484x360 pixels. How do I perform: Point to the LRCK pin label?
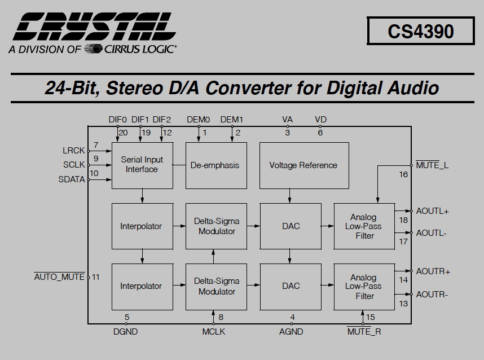coord(73,150)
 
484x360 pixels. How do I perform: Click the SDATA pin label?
coord(71,179)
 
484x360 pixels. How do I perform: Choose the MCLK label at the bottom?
coord(214,332)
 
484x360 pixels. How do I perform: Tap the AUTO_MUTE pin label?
coord(59,276)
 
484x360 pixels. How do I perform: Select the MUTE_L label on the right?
coord(432,165)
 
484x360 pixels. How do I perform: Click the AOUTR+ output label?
coord(433,271)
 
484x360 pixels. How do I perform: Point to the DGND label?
coord(125,332)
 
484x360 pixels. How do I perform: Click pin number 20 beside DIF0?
coord(123,133)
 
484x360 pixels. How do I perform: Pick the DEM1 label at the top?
coord(232,120)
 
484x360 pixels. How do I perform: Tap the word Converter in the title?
coord(248,87)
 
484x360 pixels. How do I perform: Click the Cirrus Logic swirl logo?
coord(93,49)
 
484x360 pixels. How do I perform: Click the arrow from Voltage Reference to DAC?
coord(289,196)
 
